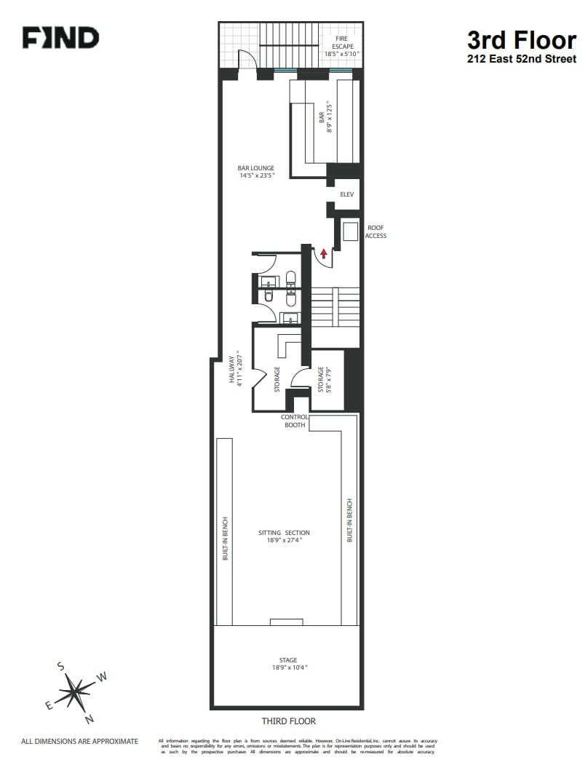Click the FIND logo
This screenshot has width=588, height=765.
[x=60, y=38]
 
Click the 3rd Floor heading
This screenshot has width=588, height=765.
[x=521, y=39]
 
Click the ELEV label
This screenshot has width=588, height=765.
[x=347, y=194]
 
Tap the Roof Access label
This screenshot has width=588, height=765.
[x=376, y=231]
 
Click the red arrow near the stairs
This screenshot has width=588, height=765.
[x=323, y=253]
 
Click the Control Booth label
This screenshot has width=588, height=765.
[x=295, y=421]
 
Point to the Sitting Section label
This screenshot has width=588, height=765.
[x=284, y=536]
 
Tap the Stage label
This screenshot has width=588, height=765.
[x=288, y=664]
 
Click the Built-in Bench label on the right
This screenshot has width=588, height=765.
[x=350, y=520]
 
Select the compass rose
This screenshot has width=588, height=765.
[x=74, y=690]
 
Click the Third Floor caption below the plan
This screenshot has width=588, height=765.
[x=289, y=721]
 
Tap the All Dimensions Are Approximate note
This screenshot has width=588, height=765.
[x=79, y=742]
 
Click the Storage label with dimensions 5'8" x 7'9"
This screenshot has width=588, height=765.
[x=324, y=379]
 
